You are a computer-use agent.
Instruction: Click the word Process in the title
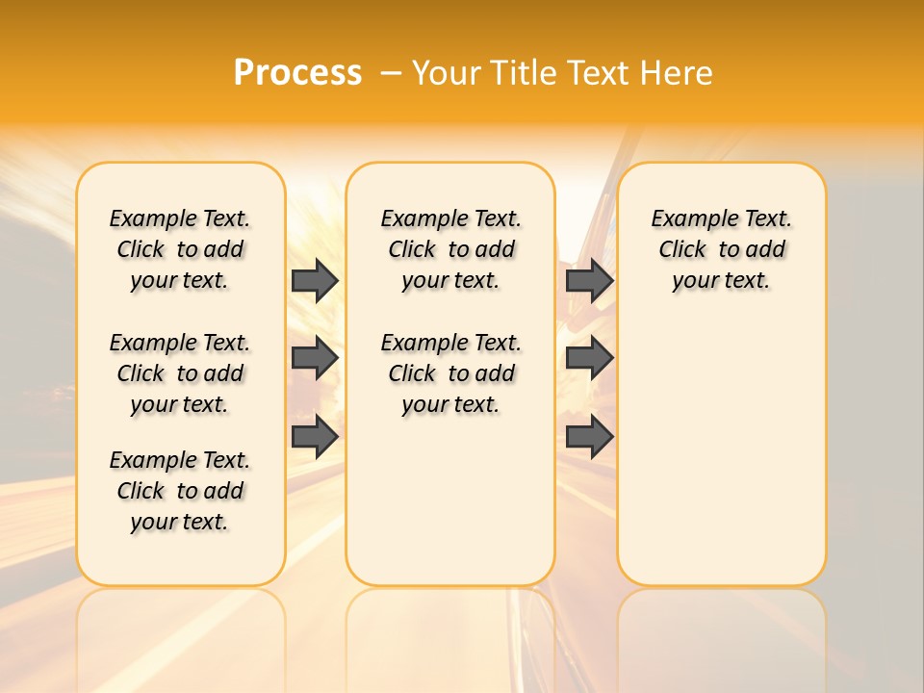tap(297, 72)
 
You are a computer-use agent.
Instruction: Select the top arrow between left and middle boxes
tap(315, 280)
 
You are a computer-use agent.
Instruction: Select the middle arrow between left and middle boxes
tap(315, 358)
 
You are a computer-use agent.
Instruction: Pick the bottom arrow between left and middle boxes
tap(315, 437)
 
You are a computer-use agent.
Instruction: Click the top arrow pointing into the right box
tap(589, 280)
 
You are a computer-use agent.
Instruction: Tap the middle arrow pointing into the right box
tap(589, 358)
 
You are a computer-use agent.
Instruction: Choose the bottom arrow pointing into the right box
tap(589, 437)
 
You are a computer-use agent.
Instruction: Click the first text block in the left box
tap(180, 249)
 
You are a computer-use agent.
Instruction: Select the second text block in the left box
tap(180, 373)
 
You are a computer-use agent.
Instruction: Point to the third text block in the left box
tap(180, 491)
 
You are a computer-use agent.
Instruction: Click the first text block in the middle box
tap(450, 249)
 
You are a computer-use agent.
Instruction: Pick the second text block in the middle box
tap(450, 373)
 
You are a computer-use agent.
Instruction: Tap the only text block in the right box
tap(721, 249)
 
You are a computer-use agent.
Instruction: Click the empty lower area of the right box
tap(721, 452)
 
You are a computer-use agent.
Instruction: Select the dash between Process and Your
tap(391, 74)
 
